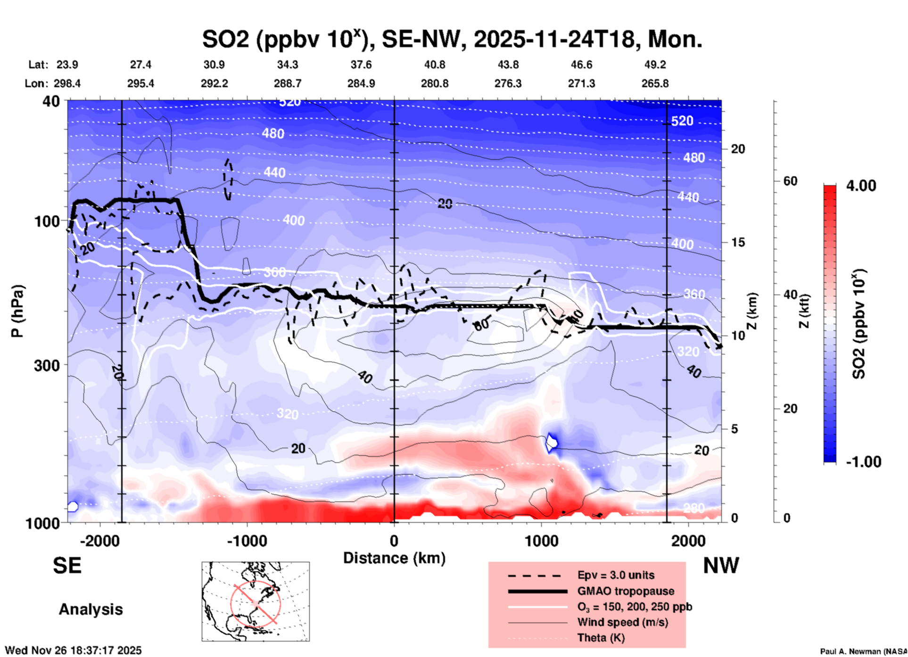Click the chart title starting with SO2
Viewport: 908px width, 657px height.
pyautogui.click(x=452, y=39)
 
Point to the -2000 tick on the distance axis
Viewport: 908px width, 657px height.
pyautogui.click(x=99, y=541)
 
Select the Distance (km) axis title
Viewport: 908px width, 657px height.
pyautogui.click(x=394, y=558)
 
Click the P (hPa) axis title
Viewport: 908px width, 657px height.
pyautogui.click(x=17, y=311)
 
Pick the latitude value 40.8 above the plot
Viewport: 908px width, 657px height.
pyautogui.click(x=434, y=65)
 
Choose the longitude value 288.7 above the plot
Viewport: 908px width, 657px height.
pyautogui.click(x=288, y=83)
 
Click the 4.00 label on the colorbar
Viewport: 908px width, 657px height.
pyautogui.click(x=861, y=186)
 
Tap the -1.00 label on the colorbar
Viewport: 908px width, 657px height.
pyautogui.click(x=863, y=462)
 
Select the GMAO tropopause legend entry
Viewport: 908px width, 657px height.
pyautogui.click(x=626, y=591)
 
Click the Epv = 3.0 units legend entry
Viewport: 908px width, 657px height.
pyautogui.click(x=615, y=575)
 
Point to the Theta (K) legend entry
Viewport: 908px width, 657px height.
pyautogui.click(x=601, y=638)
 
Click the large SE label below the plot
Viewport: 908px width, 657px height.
pyautogui.click(x=67, y=566)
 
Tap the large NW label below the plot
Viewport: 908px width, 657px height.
pyautogui.click(x=720, y=566)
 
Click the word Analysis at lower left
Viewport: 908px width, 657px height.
pyautogui.click(x=91, y=609)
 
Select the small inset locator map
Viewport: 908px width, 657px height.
pyautogui.click(x=256, y=601)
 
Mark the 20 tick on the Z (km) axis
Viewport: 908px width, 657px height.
pyautogui.click(x=737, y=149)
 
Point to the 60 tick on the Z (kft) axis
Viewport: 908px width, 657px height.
pyautogui.click(x=790, y=181)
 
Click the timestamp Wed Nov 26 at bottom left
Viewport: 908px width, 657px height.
pyautogui.click(x=73, y=650)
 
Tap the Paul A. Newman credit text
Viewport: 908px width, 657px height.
pyautogui.click(x=863, y=651)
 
